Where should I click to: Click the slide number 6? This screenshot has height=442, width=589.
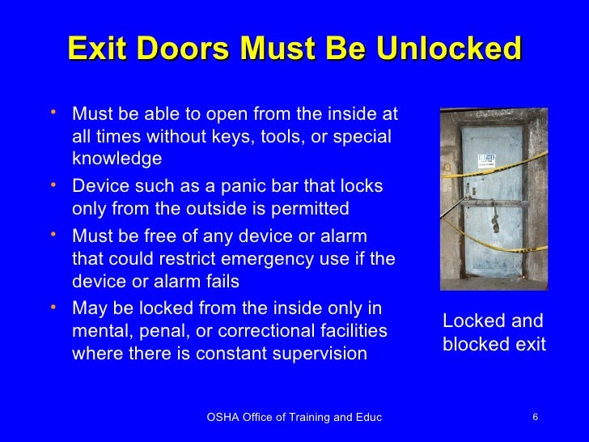click(536, 417)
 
